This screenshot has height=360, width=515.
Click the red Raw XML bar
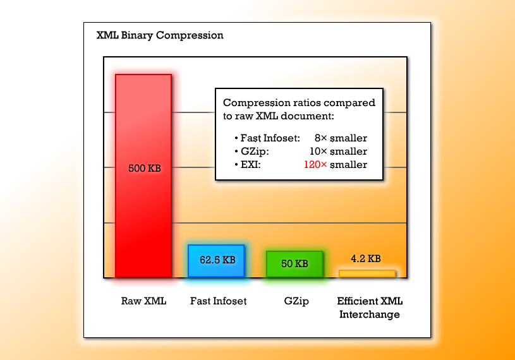pos(143,176)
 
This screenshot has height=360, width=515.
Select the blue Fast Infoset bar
pos(217,261)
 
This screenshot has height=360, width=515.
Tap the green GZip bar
pos(294,264)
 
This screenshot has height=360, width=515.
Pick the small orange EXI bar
pos(367,273)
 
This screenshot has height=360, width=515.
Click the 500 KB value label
pos(145,169)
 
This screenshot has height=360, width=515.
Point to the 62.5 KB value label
pos(217,260)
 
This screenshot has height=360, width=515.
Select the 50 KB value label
pos(294,263)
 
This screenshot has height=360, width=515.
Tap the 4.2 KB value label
pos(366,258)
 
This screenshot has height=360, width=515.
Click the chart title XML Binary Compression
pos(160,35)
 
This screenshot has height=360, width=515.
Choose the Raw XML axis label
pos(143,301)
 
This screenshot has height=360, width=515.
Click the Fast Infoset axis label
pos(218,301)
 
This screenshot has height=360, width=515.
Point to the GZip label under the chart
pos(296,301)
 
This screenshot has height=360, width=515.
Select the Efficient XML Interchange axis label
pos(370,308)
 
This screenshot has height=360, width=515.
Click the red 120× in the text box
pos(315,164)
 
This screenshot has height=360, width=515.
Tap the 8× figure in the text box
pos(320,138)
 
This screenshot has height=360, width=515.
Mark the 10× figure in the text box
pos(318,152)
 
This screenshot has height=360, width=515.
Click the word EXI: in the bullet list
pos(251,164)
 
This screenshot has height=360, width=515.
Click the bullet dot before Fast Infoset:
pos(236,138)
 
